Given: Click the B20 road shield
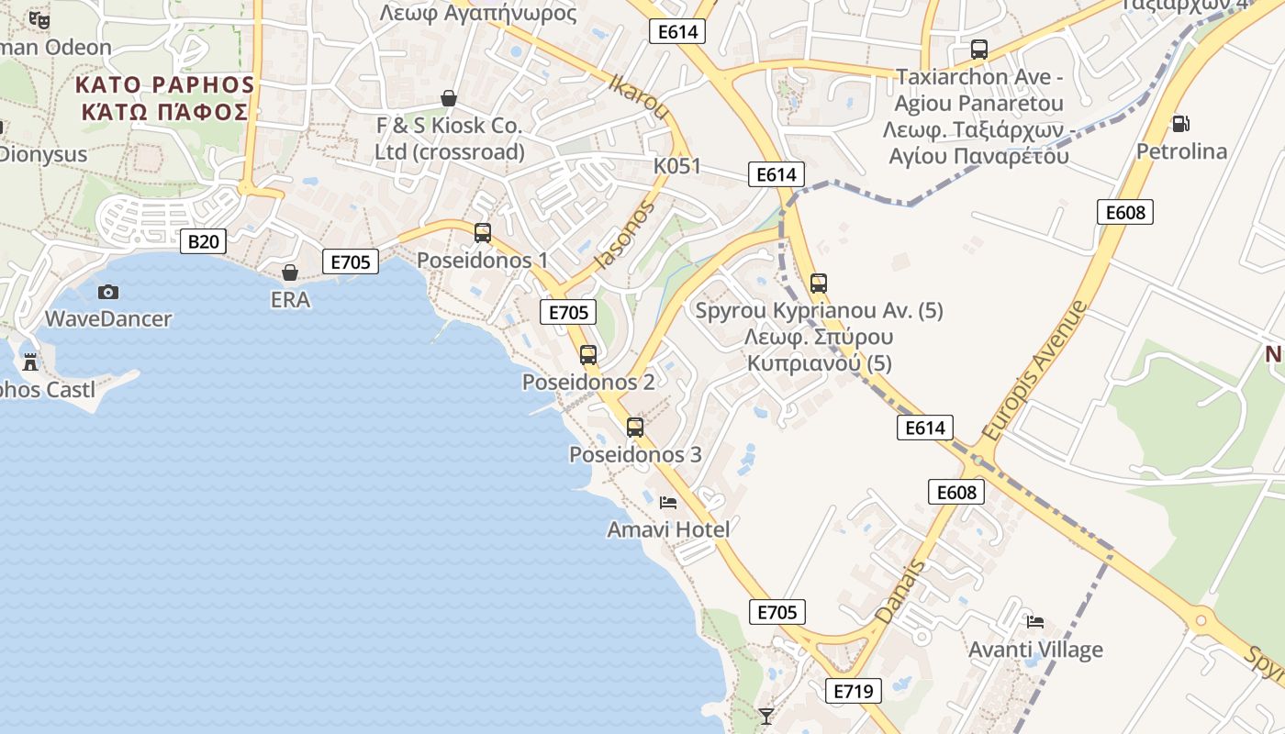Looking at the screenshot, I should pyautogui.click(x=203, y=241).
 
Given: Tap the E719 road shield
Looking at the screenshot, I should pyautogui.click(x=853, y=691).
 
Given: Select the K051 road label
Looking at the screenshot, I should pyautogui.click(x=676, y=166).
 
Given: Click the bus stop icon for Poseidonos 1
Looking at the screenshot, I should pyautogui.click(x=483, y=233).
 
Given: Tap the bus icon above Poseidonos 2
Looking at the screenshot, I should pyautogui.click(x=588, y=355).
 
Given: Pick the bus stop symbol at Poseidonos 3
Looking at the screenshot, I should pyautogui.click(x=635, y=427).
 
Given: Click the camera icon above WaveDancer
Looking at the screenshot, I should pyautogui.click(x=108, y=292).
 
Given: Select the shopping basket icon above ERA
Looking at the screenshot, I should pyautogui.click(x=290, y=272).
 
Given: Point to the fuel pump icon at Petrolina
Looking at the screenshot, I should pyautogui.click(x=1180, y=123).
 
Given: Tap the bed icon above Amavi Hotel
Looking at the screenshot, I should pyautogui.click(x=668, y=502).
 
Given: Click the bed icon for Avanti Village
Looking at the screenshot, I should pyautogui.click(x=1035, y=621).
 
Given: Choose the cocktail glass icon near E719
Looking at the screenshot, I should pyautogui.click(x=766, y=716).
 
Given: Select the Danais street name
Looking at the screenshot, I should pyautogui.click(x=900, y=592).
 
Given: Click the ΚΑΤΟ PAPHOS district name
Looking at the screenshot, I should pyautogui.click(x=164, y=85).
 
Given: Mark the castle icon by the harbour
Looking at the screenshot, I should pyautogui.click(x=30, y=361).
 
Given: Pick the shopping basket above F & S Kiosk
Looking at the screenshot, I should pyautogui.click(x=449, y=98).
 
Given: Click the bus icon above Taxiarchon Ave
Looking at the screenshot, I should pyautogui.click(x=979, y=50).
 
